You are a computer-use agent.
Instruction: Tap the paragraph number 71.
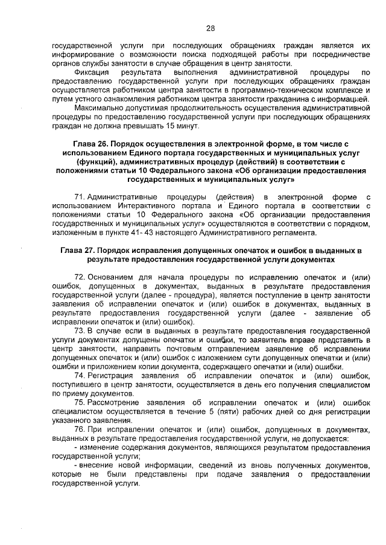[79, 197]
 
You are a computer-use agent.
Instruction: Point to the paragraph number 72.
[79, 277]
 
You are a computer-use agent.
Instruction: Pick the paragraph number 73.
[79, 331]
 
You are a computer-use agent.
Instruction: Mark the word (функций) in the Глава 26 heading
[98, 163]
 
